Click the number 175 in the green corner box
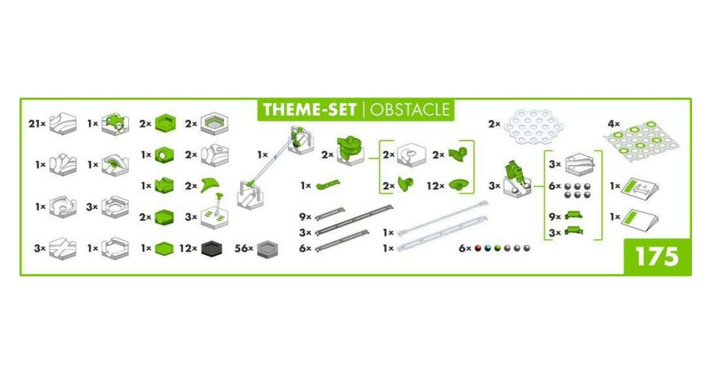tap(657, 257)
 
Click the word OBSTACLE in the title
tap(410, 110)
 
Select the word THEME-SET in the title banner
tap(309, 110)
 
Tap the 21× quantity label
tap(37, 123)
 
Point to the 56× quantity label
tap(244, 248)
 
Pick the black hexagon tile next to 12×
tap(212, 249)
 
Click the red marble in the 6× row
tap(478, 248)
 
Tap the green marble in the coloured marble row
tap(497, 248)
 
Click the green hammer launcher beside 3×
tap(517, 178)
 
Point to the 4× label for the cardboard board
tap(614, 123)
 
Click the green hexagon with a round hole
tap(165, 155)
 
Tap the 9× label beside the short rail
tap(305, 217)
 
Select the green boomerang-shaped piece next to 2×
tap(210, 185)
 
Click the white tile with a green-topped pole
tap(214, 211)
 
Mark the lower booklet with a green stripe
tap(640, 220)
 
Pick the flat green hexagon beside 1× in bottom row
tap(165, 249)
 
